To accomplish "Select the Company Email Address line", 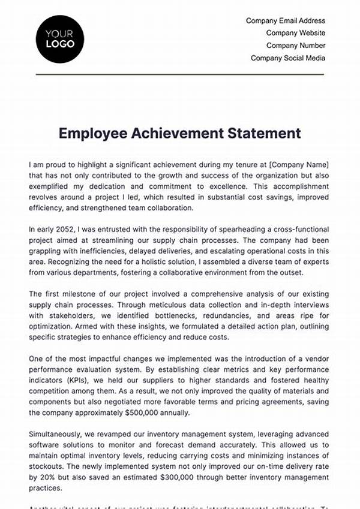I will pos(286,21).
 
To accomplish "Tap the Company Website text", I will pos(296,33).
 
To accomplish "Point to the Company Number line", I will pos(296,46).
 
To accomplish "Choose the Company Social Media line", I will pos(288,58).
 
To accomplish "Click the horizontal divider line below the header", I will pos(180,74).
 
